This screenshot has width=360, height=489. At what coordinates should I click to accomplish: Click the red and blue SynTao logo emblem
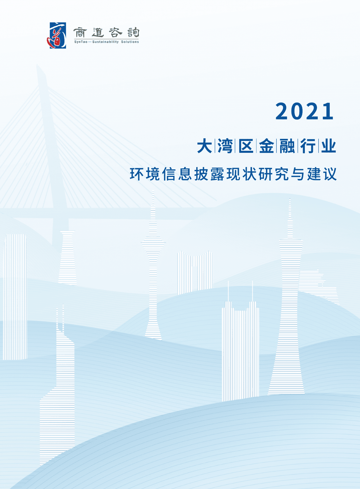pyautogui.click(x=57, y=35)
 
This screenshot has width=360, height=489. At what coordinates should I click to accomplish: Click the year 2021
pyautogui.click(x=305, y=111)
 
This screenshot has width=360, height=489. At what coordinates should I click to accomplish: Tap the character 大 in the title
pyautogui.click(x=205, y=146)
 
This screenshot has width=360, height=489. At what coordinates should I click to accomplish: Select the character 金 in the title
pyautogui.click(x=267, y=146)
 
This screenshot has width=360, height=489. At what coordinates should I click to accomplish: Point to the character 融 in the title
pyautogui.click(x=287, y=146)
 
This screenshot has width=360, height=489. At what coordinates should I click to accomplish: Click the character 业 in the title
pyautogui.click(x=328, y=146)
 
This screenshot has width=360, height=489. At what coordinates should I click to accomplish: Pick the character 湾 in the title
pyautogui.click(x=225, y=146)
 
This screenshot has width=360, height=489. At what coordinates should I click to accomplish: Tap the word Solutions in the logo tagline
pyautogui.click(x=130, y=42)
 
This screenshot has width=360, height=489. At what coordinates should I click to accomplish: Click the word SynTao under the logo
pyautogui.click(x=81, y=42)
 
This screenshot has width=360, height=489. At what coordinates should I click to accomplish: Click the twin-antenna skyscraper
pyautogui.click(x=240, y=349)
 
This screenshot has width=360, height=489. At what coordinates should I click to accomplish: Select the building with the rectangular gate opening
pyautogui.click(x=195, y=273)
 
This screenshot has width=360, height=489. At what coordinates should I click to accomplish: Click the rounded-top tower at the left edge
pyautogui.click(x=15, y=296)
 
